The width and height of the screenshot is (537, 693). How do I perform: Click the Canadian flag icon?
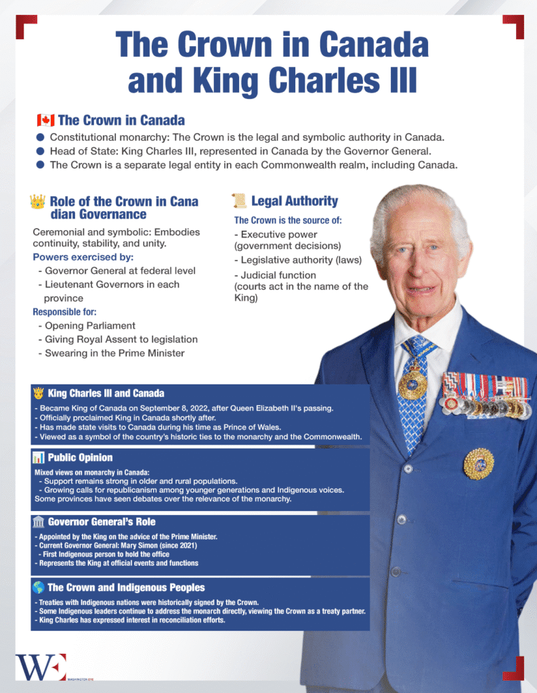(45, 120)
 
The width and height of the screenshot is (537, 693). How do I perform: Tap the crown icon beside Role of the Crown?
(38, 201)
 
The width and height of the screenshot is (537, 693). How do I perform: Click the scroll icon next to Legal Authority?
(238, 200)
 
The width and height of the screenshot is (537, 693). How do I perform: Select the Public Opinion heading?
(80, 457)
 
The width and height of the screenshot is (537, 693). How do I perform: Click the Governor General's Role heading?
(102, 522)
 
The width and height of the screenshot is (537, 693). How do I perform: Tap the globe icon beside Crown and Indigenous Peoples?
(39, 587)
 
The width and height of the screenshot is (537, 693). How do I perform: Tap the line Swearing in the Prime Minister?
(114, 353)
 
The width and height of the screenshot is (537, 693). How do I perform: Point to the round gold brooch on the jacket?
(479, 464)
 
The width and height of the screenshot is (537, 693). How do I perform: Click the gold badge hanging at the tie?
(412, 384)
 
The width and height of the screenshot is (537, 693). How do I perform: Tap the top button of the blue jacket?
(407, 469)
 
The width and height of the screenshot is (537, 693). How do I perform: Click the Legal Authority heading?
(294, 200)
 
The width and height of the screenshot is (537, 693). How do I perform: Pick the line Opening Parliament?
(90, 326)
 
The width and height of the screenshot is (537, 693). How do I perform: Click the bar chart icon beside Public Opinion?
(39, 458)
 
